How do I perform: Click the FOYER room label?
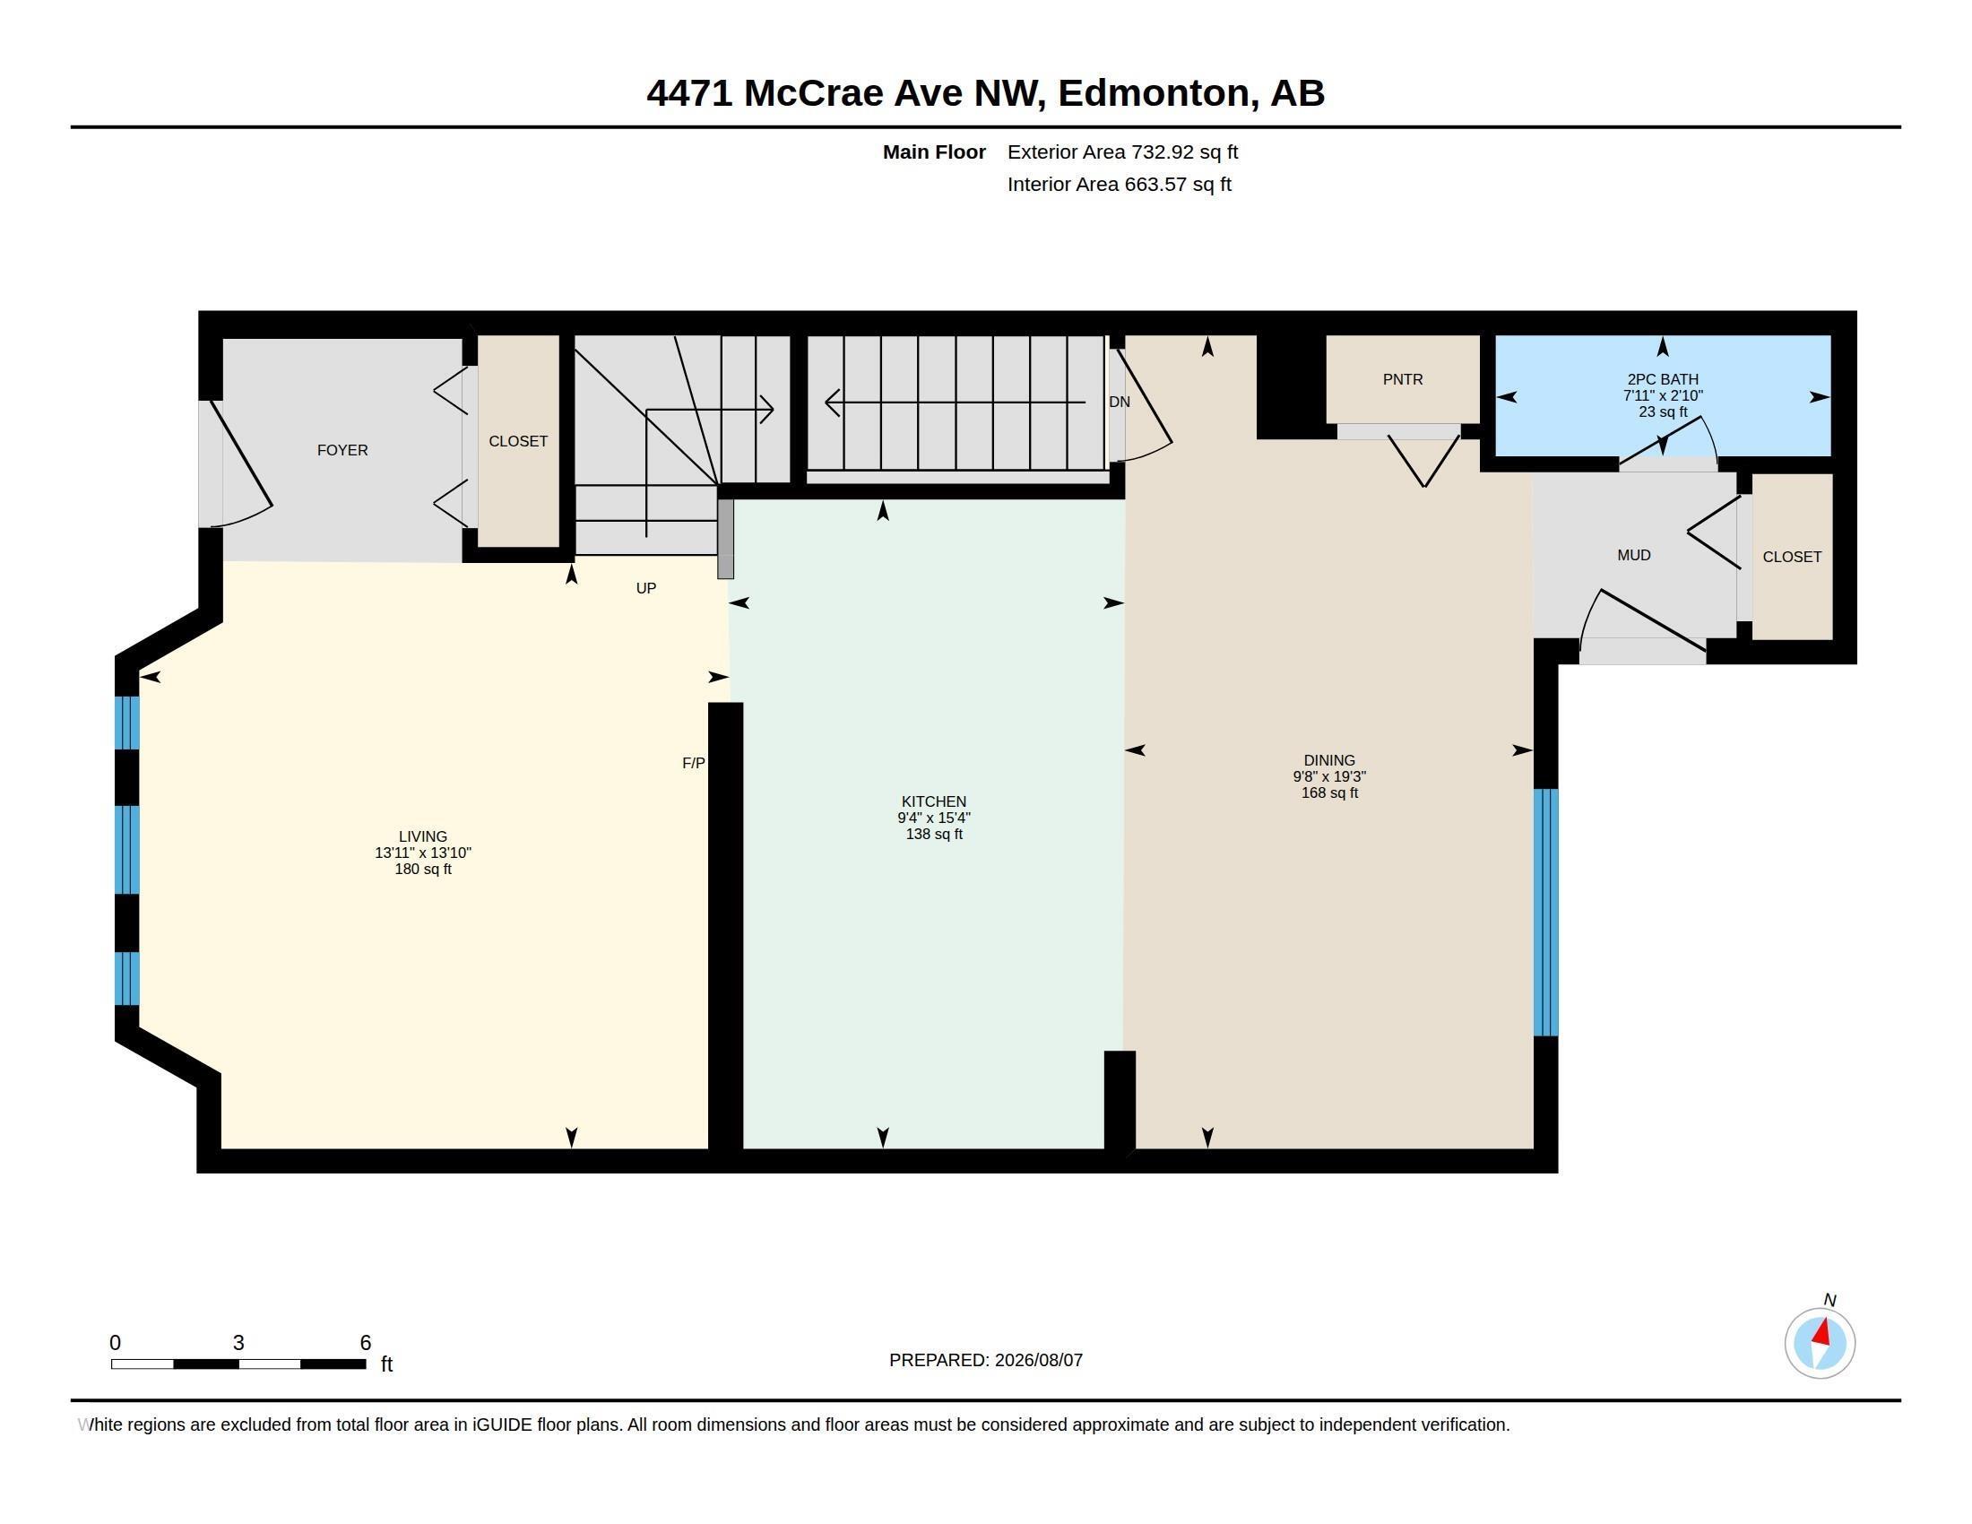(342, 450)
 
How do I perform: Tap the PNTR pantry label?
(1402, 379)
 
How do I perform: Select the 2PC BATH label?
(1662, 379)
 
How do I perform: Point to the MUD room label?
(1633, 555)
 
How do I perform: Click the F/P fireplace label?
(694, 763)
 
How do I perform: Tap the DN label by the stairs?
(1119, 402)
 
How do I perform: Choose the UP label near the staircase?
(645, 588)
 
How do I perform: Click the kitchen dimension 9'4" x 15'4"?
(934, 818)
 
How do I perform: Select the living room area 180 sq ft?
(422, 870)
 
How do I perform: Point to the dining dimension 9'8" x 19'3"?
(1329, 776)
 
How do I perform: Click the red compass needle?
(1822, 1332)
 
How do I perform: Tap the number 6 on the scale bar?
(366, 1343)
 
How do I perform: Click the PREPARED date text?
(985, 1360)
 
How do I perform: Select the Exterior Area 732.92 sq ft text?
(1122, 152)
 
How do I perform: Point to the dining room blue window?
(1546, 912)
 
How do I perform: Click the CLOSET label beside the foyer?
(518, 440)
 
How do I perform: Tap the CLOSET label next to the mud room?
(1792, 557)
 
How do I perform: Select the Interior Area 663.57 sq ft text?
(1119, 184)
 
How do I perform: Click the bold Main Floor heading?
(934, 152)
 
